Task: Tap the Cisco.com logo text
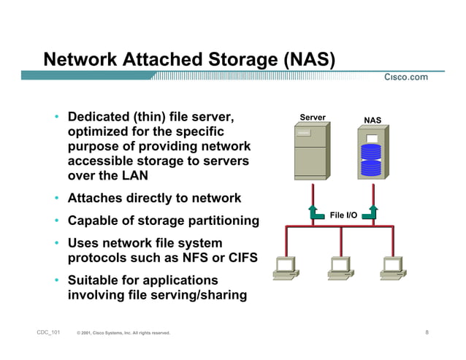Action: coord(406,78)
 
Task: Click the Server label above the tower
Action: coord(313,118)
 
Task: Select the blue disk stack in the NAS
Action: coord(372,161)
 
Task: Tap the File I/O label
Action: coord(343,215)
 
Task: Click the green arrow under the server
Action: coord(314,212)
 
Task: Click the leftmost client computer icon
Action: coord(284,267)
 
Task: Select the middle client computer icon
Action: coord(340,267)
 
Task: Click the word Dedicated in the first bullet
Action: coord(97,117)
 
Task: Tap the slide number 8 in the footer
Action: coord(427,333)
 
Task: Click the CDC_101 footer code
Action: coord(48,333)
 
